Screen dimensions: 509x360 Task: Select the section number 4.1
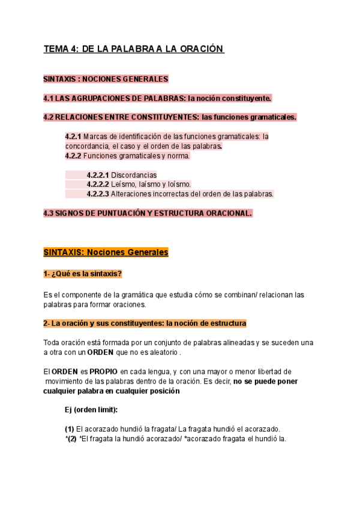point(49,98)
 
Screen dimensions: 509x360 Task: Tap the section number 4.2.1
point(73,136)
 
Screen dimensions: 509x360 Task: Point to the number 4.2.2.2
point(98,184)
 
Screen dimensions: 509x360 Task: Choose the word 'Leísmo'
point(124,184)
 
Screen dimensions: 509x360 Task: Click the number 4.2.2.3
point(98,194)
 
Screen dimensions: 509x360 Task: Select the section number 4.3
point(49,213)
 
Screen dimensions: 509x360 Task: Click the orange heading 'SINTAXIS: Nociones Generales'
point(106,253)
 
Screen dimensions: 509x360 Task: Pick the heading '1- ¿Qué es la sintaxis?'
point(82,274)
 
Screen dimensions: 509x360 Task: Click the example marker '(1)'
point(70,429)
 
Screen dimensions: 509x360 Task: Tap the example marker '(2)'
point(71,438)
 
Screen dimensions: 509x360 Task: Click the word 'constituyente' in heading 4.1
point(245,98)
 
